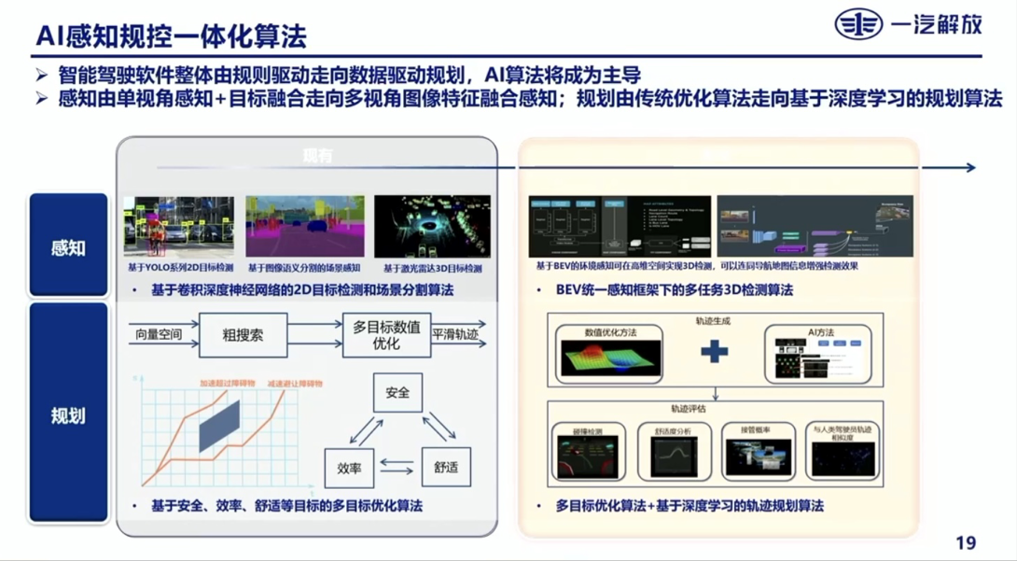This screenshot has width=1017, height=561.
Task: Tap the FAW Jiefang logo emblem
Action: click(x=857, y=25)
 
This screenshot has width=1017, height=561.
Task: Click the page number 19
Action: click(x=966, y=543)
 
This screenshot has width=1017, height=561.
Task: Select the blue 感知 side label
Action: click(x=68, y=248)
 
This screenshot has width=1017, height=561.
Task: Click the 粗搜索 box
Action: click(x=243, y=334)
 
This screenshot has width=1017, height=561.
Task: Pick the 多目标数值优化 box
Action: click(x=385, y=334)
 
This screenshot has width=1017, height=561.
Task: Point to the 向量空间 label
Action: click(x=159, y=334)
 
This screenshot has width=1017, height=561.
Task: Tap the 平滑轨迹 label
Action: click(x=458, y=334)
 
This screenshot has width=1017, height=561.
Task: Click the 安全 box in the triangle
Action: click(x=397, y=392)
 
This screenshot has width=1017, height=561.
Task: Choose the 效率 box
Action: click(x=348, y=468)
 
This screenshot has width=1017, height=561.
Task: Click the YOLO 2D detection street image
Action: click(x=179, y=227)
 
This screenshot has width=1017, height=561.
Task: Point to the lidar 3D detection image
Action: click(x=432, y=227)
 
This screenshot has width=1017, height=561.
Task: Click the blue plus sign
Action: click(x=714, y=352)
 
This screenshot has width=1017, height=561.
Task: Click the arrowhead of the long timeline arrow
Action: click(x=970, y=168)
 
